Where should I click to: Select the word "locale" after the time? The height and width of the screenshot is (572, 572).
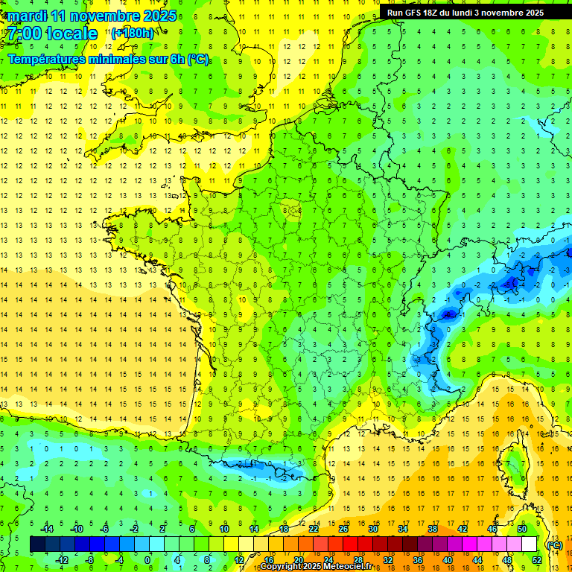[72, 34]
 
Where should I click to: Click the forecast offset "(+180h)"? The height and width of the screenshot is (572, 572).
[133, 33]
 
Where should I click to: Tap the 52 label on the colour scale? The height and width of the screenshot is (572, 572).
[537, 560]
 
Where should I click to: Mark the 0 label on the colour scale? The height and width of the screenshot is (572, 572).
[147, 560]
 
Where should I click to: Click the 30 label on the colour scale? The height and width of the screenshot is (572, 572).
[372, 528]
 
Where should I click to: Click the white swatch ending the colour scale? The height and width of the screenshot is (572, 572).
[530, 544]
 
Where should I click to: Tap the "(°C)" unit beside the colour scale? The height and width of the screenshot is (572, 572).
[554, 544]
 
